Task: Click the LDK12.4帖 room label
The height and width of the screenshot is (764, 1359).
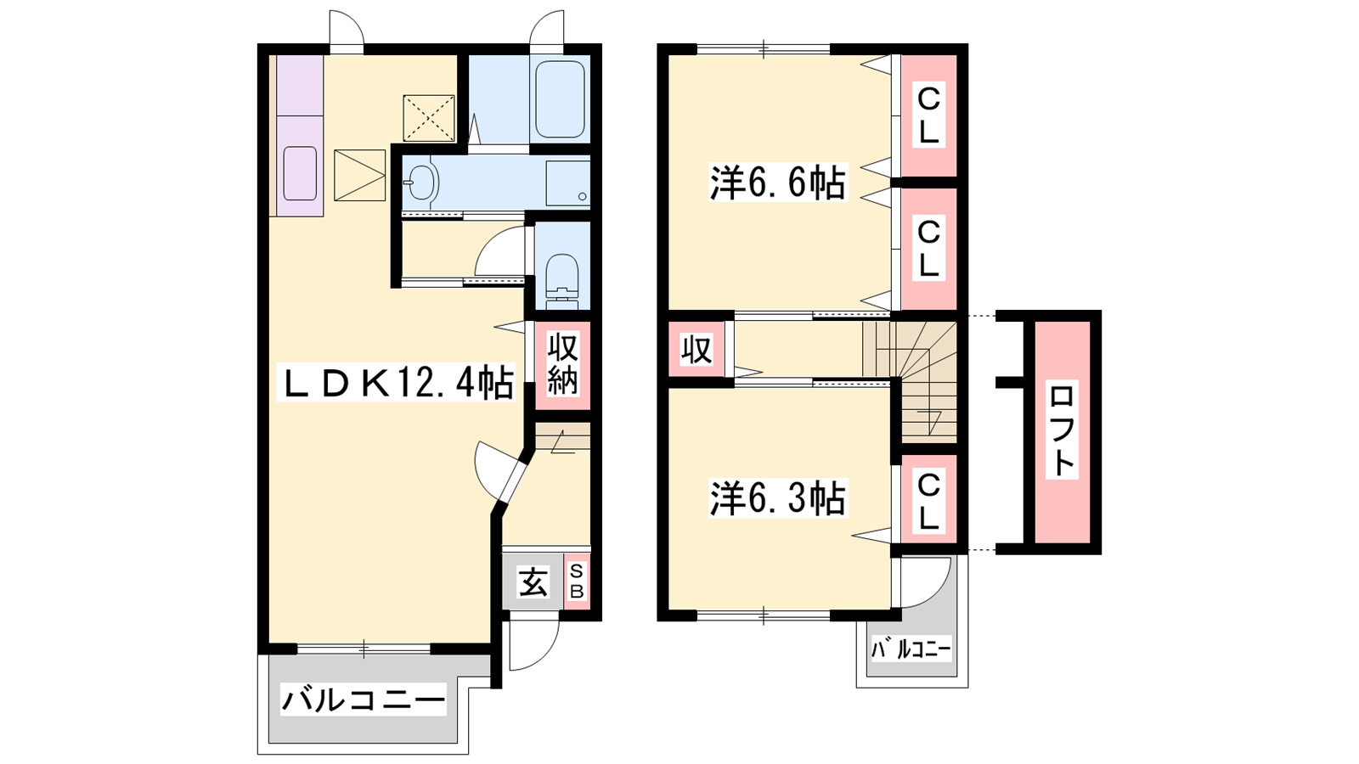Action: pos(396,382)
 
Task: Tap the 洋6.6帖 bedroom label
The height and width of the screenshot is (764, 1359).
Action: pos(778,183)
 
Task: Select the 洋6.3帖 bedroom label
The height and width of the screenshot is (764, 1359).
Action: pos(778,498)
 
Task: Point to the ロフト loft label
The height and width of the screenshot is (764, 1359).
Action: pos(1062,430)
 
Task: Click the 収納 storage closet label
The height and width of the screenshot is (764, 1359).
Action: pos(562,365)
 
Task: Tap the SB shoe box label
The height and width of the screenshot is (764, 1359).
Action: pos(577,581)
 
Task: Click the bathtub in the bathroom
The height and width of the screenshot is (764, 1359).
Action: pos(560,99)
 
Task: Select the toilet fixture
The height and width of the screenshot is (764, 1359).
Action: pos(562,280)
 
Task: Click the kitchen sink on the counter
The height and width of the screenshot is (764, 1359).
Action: pos(301,173)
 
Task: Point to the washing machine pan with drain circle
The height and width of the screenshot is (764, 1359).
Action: pos(568,183)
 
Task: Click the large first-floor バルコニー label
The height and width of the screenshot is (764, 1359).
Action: pos(363,700)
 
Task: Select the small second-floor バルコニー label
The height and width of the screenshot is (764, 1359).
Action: pos(911,650)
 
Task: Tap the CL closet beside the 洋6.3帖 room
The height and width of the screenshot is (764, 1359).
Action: pos(928,502)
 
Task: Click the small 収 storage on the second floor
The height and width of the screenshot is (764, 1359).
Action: pos(696,349)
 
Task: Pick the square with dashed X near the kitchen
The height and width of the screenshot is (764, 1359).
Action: pos(429,118)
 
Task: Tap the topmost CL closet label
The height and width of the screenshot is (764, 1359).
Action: pos(928,116)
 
